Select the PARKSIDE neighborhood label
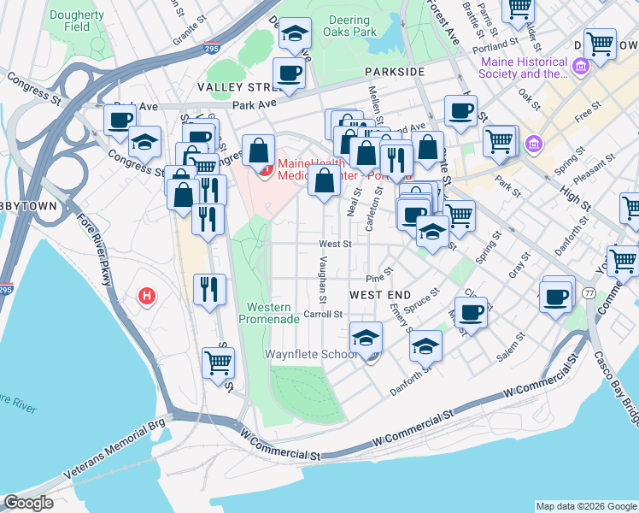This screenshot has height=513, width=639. [x=394, y=72]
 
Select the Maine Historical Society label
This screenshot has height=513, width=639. [x=525, y=68]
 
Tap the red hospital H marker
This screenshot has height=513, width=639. [x=148, y=297]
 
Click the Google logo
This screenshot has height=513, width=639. [x=28, y=503]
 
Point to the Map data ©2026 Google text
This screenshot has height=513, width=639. [x=585, y=506]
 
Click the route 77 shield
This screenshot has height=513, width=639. [x=589, y=293]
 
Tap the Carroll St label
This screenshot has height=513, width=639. [x=323, y=314]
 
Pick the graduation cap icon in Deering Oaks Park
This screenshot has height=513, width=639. [x=296, y=35]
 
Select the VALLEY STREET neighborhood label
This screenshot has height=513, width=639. [x=235, y=87]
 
